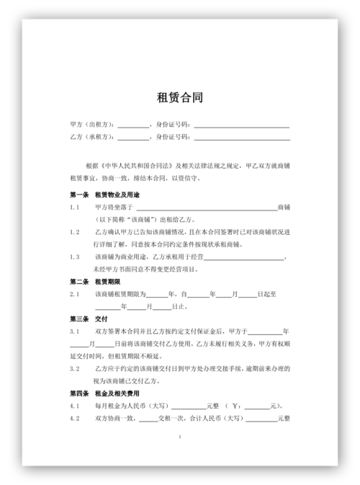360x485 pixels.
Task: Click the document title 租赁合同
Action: (x=180, y=97)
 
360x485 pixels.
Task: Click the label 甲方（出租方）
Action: (x=93, y=123)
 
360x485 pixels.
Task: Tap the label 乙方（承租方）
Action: (x=93, y=136)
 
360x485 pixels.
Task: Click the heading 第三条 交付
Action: (x=88, y=318)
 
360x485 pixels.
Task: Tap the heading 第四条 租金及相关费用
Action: (x=104, y=393)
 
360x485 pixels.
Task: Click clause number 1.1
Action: (x=74, y=207)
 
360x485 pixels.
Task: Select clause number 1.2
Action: (x=74, y=232)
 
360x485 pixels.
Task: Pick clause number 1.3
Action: (x=74, y=257)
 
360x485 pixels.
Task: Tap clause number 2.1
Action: (x=74, y=293)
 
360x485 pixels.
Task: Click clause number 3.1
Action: (x=74, y=331)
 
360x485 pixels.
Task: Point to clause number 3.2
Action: (x=74, y=368)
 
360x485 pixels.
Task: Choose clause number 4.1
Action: (x=74, y=406)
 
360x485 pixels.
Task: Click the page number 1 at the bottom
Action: (x=180, y=437)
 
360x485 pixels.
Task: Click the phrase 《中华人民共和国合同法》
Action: (x=138, y=165)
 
